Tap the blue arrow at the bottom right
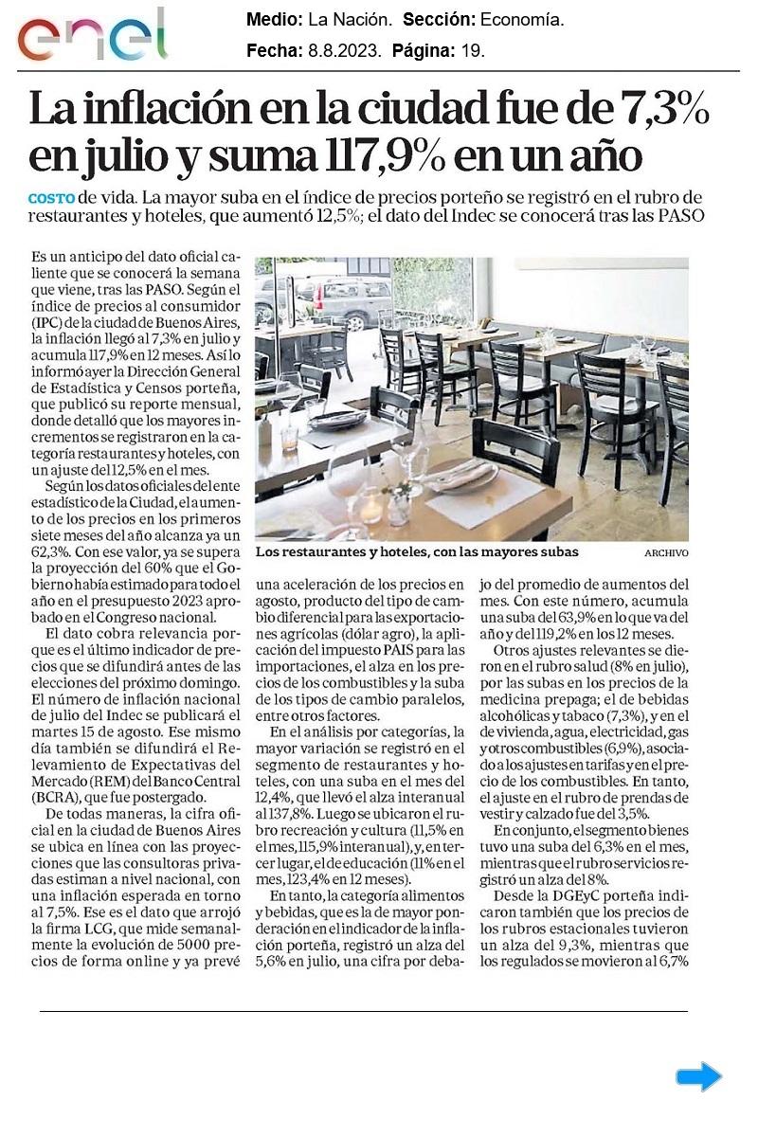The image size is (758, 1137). pos(698,1076)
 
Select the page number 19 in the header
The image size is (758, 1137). pos(472,52)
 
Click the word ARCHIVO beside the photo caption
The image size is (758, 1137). pos(666,552)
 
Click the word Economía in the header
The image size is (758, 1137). pos(522,20)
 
